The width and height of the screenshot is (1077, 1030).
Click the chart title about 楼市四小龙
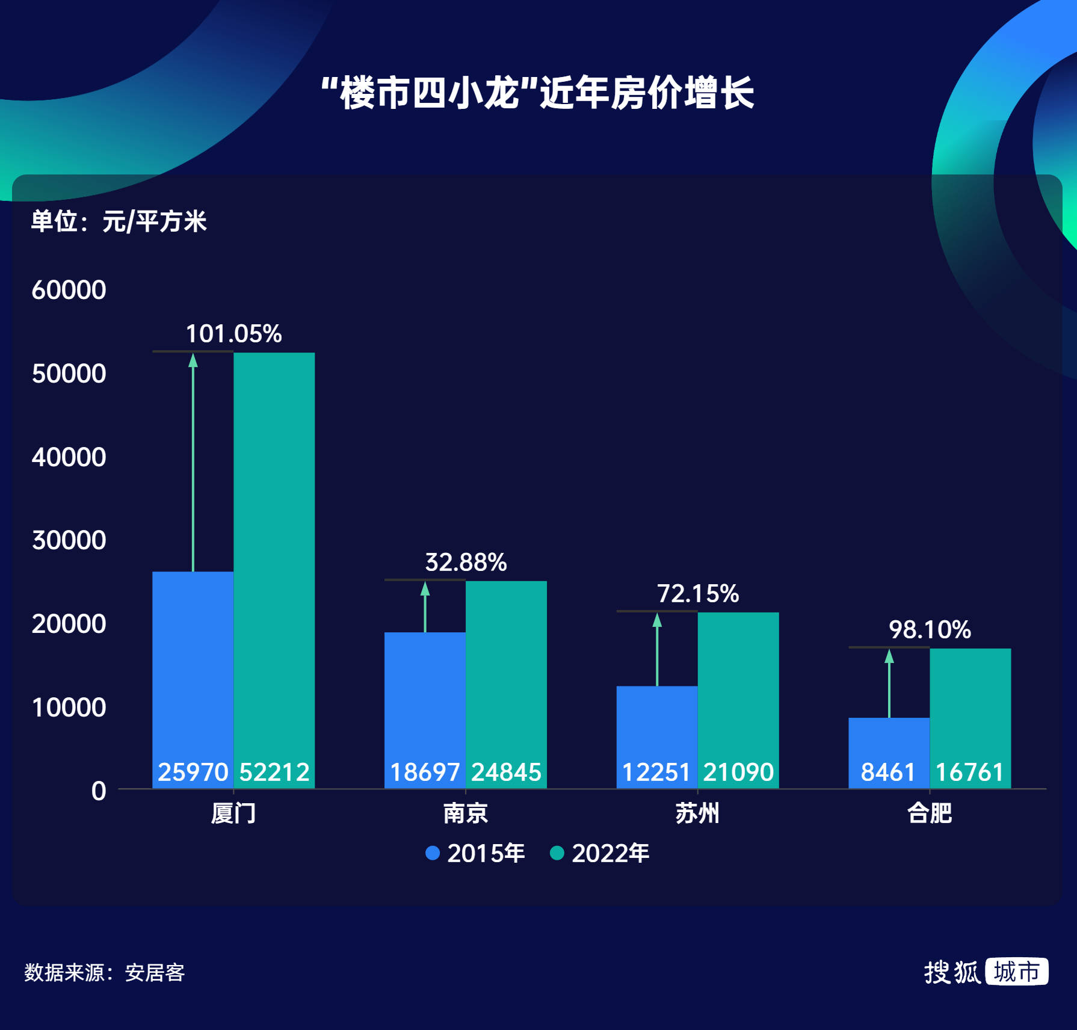point(537,93)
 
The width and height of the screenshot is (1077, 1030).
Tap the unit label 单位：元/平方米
point(119,221)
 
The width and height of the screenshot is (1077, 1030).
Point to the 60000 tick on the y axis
point(69,290)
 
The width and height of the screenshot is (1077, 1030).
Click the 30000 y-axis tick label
point(69,540)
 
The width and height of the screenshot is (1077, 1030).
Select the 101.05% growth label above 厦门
point(233,334)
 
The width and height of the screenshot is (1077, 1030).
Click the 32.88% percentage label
point(466,563)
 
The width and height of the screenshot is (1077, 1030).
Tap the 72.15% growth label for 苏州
point(697,594)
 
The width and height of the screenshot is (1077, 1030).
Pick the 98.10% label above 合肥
point(930,630)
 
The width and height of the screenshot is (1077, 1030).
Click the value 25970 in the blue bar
point(193,772)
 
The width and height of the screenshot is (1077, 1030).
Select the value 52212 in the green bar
point(274,772)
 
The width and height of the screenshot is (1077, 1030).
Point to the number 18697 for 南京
point(425,772)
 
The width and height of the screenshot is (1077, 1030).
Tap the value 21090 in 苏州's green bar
point(738,772)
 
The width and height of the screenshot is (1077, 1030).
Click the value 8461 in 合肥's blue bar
point(888,772)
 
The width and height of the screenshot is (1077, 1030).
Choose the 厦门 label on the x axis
point(233,813)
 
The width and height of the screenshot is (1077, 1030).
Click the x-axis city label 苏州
point(697,813)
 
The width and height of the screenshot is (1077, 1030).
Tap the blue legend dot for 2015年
point(433,853)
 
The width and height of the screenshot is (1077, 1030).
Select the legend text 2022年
point(610,853)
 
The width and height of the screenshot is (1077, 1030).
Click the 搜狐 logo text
point(952,972)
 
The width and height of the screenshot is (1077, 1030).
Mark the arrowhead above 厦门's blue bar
point(193,360)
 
